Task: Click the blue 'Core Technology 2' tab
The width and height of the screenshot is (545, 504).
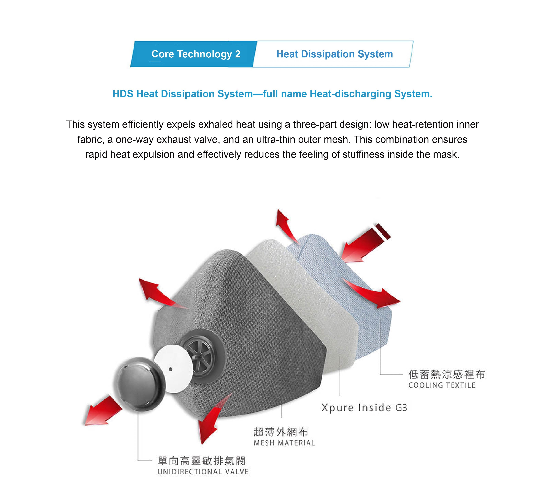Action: coord(194,54)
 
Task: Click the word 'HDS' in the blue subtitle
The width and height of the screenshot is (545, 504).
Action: coord(123,94)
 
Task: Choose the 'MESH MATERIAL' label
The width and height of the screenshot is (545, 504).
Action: coord(284,443)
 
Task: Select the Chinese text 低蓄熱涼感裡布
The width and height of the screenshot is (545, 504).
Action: coord(447,374)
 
